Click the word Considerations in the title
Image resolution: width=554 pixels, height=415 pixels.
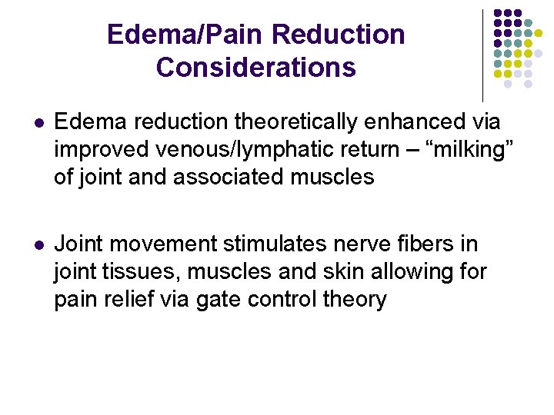coord(255,68)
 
